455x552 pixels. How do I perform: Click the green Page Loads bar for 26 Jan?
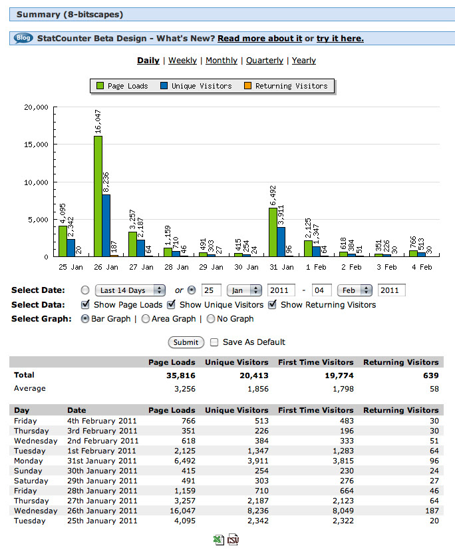point(98,196)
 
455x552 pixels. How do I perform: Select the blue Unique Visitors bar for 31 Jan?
point(281,242)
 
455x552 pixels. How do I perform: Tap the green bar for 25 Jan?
point(63,241)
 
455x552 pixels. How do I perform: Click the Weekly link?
point(182,61)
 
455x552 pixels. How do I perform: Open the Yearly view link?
point(304,61)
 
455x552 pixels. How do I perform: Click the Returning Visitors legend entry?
point(286,86)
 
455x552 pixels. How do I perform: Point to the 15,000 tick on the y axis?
point(36,144)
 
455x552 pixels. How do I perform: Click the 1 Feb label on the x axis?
point(316,267)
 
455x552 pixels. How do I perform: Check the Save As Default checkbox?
point(214,342)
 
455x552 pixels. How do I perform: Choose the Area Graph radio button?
point(146,319)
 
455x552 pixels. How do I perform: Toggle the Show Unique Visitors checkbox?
point(171,304)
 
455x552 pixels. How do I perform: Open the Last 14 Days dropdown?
point(130,290)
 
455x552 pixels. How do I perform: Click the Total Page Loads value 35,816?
point(181,376)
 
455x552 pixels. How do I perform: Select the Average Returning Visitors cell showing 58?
point(434,389)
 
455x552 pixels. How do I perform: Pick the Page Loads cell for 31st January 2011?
point(185,461)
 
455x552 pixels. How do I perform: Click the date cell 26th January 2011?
point(102,511)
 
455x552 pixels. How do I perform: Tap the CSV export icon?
point(233,539)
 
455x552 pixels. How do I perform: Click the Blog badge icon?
point(23,38)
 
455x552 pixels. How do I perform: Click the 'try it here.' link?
point(340,39)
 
